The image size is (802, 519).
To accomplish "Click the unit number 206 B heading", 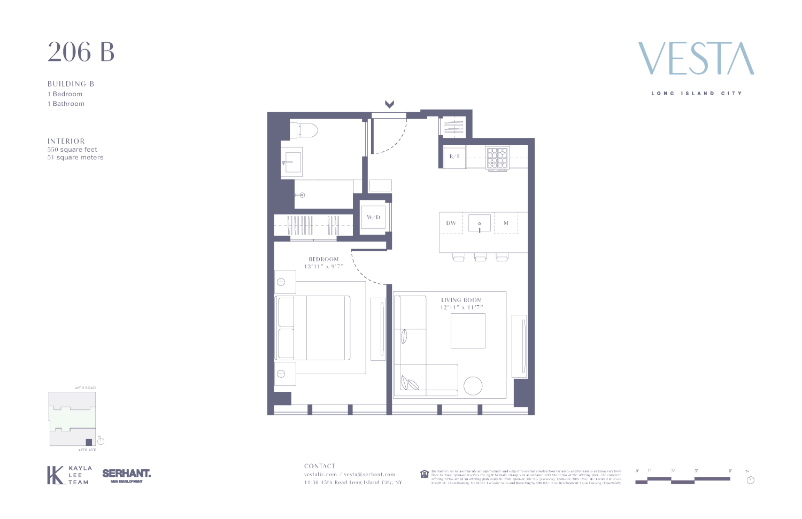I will [81, 52].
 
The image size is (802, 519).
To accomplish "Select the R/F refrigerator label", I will [454, 157].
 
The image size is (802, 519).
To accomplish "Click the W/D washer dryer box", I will [373, 217].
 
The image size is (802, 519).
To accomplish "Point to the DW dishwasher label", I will [451, 223].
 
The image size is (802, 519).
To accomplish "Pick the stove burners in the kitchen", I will [497, 158].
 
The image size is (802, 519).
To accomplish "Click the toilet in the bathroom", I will [304, 130].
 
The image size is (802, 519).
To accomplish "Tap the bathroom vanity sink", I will [292, 160].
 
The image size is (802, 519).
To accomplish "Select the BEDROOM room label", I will [323, 259].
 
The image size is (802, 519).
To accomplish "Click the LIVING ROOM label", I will [461, 300].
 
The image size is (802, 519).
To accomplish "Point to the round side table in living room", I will [473, 386].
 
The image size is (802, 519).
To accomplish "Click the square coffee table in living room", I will [468, 331].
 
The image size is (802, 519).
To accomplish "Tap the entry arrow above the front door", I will [389, 104].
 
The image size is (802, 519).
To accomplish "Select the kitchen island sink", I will [480, 223].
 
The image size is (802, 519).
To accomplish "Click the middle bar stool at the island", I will [480, 258].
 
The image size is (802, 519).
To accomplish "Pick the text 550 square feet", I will [72, 150].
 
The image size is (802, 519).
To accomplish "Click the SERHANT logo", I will [126, 474].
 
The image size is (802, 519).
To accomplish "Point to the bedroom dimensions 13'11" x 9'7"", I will [323, 266].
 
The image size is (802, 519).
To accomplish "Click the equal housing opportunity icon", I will [425, 474].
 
